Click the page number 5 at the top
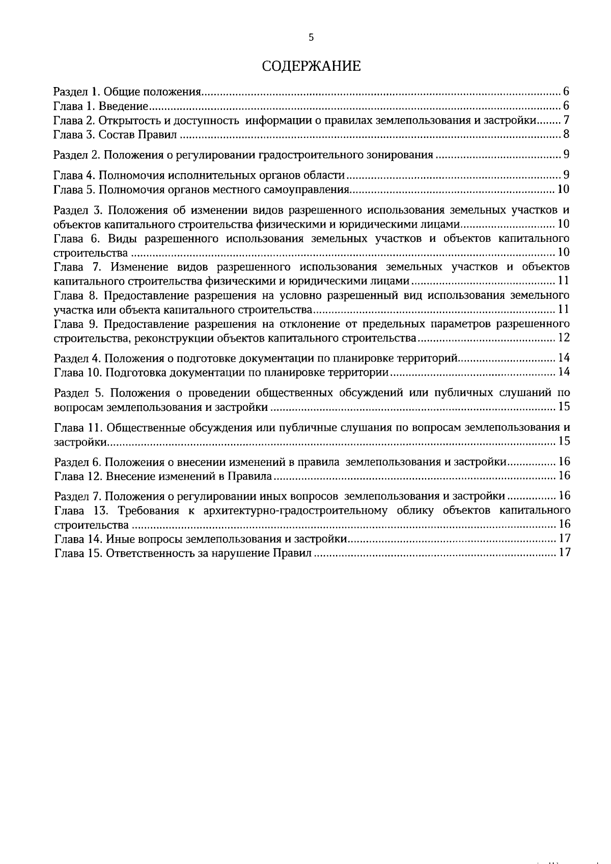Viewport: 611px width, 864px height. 311,37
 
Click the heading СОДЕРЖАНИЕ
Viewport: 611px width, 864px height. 311,66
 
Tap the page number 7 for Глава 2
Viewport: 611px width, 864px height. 566,121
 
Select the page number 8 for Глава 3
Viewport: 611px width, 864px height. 566,135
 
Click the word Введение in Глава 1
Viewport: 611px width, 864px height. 123,106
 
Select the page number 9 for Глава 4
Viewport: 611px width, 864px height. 566,175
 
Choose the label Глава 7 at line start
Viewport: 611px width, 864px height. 75,267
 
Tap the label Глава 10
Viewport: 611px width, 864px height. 78,372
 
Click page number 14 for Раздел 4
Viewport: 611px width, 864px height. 564,358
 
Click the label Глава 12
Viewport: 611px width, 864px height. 78,476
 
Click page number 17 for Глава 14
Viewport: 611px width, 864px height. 564,539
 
